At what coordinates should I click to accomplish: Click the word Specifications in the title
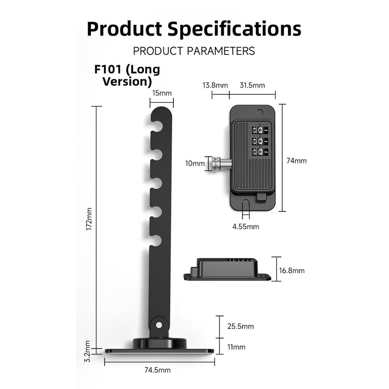click(234, 29)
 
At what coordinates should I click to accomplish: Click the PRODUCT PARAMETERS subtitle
click(194, 51)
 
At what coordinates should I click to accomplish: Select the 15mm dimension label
click(162, 93)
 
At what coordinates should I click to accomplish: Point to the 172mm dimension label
click(89, 219)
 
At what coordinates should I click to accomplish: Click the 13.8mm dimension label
click(215, 85)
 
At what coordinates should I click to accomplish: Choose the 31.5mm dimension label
click(252, 85)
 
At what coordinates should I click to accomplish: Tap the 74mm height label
click(297, 160)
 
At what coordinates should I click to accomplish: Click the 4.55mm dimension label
click(246, 227)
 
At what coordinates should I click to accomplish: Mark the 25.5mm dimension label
click(240, 326)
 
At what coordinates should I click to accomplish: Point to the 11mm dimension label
click(237, 347)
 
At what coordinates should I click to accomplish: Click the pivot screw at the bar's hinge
click(159, 325)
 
